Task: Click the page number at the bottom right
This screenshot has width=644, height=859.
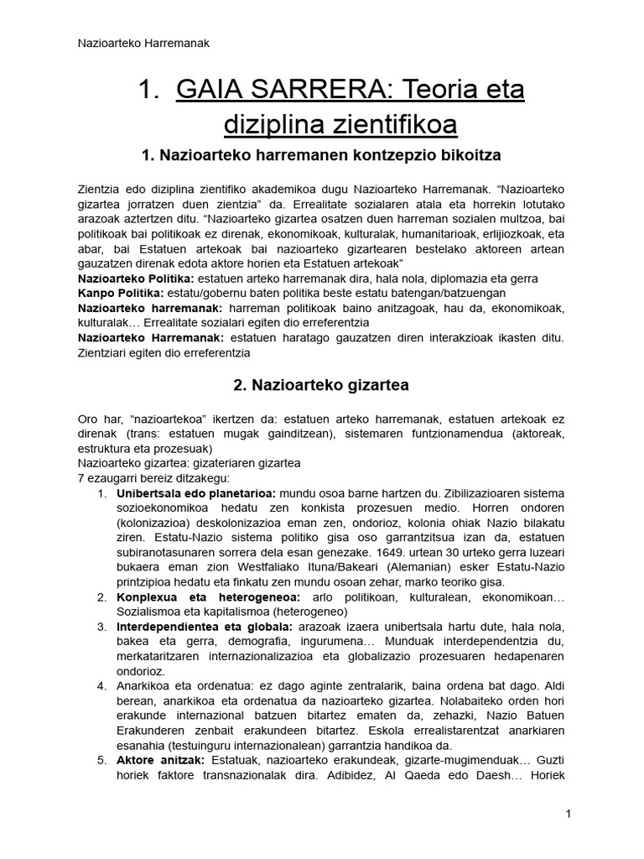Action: (568, 814)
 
